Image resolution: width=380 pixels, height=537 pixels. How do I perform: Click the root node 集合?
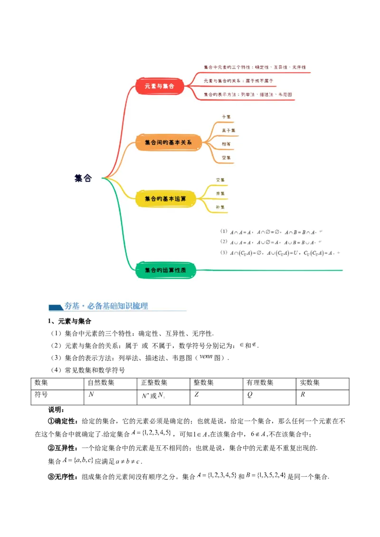pos(83,178)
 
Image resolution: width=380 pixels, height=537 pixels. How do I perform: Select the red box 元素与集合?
pos(160,86)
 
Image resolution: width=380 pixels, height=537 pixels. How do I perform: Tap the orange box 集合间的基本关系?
pos(168,142)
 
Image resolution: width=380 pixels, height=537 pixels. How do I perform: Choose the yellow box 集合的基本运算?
pos(165,199)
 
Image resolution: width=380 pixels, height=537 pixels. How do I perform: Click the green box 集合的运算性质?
pos(165,270)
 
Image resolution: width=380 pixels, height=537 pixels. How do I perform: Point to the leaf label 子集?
pos(226,117)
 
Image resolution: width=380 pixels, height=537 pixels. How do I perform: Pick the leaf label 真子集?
pos(228,130)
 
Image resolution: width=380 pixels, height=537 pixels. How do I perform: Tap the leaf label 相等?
pos(226,144)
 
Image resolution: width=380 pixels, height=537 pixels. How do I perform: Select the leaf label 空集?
pos(226,157)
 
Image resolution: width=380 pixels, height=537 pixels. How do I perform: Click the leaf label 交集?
pos(220,180)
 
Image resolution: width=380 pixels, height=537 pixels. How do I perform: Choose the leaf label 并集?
pos(220,194)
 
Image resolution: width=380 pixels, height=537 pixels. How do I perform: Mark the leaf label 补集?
pos(220,207)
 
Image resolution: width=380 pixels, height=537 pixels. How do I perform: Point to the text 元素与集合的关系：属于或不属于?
pos(238,81)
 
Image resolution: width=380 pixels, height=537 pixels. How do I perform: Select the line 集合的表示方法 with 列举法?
pos(247,94)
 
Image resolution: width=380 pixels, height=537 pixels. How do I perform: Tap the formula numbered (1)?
pos(271,232)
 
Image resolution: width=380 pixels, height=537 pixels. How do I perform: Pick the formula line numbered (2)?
pos(271,242)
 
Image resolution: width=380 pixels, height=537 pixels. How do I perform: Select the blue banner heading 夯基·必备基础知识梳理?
pos(106,306)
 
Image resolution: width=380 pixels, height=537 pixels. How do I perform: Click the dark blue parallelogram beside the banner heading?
pos(56,307)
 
